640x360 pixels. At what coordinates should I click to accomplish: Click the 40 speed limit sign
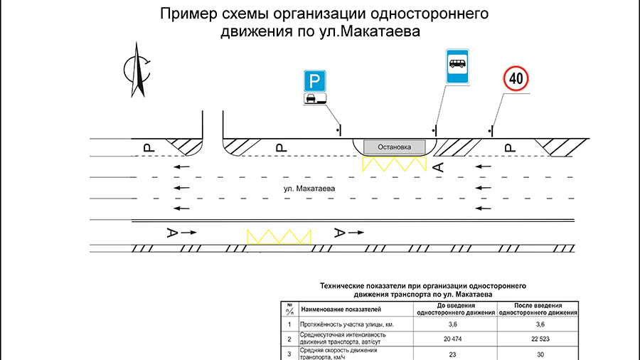coord(517,79)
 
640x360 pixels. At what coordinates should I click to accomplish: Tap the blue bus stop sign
coord(457,67)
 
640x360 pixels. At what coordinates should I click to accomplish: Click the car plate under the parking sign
coord(315,99)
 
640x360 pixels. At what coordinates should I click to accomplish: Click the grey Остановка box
coord(394,147)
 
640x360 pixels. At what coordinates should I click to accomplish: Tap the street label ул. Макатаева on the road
coord(309,189)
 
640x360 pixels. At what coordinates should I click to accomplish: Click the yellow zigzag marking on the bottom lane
coord(279,237)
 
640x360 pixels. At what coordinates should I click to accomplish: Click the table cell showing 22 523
coord(539,339)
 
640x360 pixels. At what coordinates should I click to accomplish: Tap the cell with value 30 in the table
coord(539,354)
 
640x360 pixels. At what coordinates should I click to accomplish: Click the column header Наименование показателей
coord(341,309)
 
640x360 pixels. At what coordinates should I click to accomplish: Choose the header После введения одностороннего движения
coord(539,309)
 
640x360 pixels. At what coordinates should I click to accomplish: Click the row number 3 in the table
coord(289,354)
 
